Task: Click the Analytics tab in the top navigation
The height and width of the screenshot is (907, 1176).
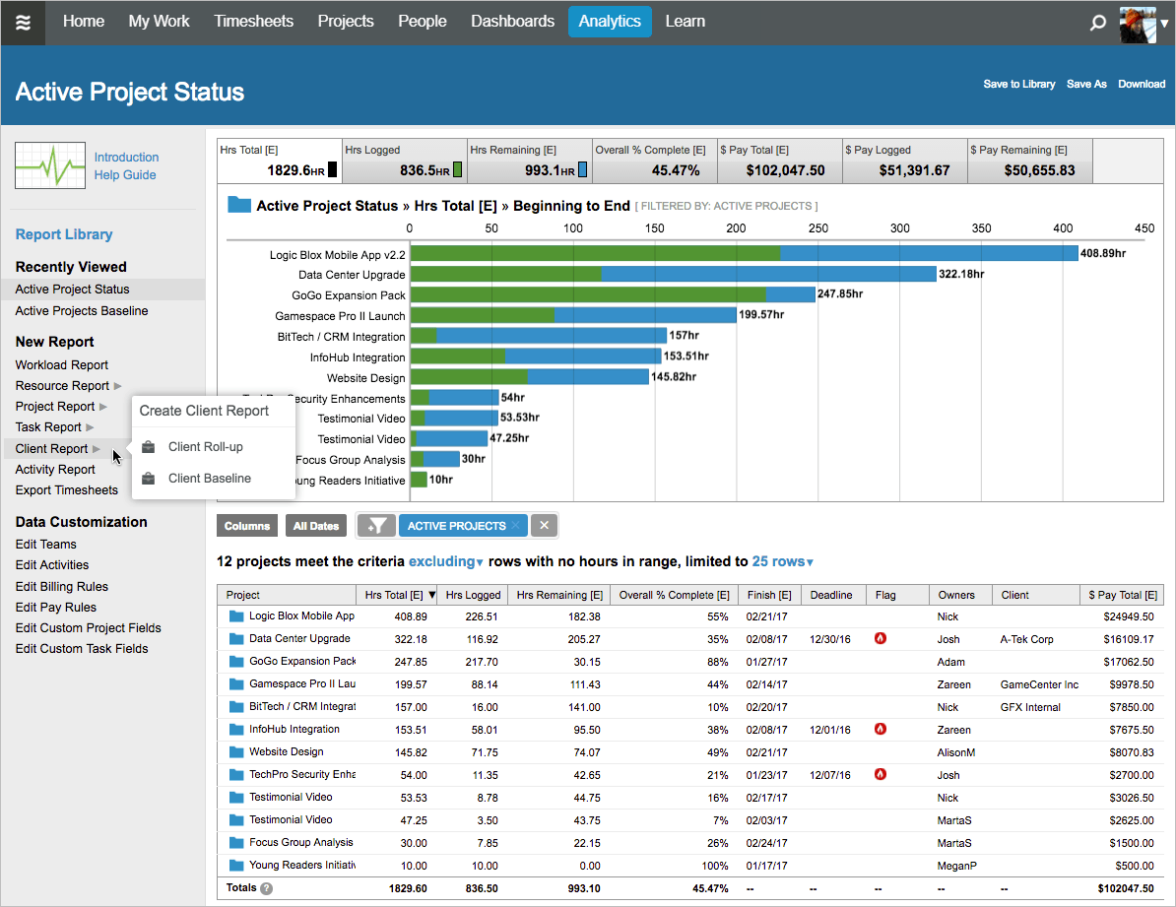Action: tap(610, 22)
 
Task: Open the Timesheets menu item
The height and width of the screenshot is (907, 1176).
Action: tap(253, 22)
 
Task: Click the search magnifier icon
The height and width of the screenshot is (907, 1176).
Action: tap(1097, 23)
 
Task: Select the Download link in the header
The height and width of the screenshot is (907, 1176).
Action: tap(1142, 85)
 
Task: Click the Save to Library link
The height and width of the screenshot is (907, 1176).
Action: tap(1018, 85)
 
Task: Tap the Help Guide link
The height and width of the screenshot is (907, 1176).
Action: tap(125, 175)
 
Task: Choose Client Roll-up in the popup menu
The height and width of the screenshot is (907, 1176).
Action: tap(205, 447)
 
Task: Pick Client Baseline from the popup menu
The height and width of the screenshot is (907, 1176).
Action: tap(209, 479)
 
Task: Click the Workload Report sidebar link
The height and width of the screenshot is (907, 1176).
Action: tap(62, 365)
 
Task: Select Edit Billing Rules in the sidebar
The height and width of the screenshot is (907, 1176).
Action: tap(62, 587)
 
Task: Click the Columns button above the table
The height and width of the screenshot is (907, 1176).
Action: tap(247, 526)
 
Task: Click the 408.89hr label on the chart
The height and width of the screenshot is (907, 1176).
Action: tap(1103, 253)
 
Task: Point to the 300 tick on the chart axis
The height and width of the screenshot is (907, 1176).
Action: tap(900, 228)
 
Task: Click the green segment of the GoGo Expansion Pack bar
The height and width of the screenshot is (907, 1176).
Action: tap(588, 294)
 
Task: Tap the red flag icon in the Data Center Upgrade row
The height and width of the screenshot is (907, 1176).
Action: tap(881, 638)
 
